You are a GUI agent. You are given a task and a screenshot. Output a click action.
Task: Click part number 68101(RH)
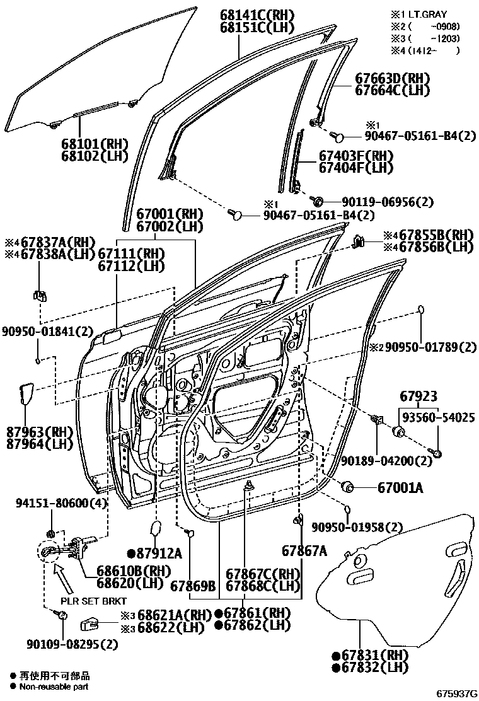click(x=94, y=144)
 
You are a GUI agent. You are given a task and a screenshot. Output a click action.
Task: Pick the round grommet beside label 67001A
click(x=346, y=487)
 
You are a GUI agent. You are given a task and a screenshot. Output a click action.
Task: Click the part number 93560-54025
click(x=436, y=417)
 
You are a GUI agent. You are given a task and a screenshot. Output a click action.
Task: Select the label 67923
click(x=418, y=397)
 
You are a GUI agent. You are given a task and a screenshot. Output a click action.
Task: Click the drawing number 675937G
click(x=454, y=693)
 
